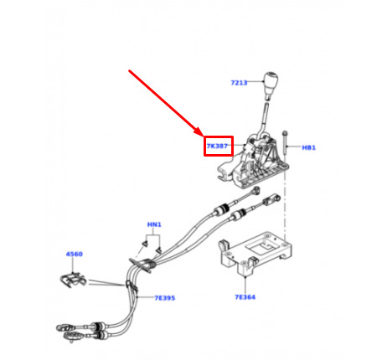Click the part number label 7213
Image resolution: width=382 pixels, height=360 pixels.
click(239, 83)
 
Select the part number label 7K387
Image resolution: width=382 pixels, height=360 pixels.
click(217, 146)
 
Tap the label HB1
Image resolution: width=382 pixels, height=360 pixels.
click(308, 147)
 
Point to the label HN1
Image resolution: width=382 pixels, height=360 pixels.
click(154, 224)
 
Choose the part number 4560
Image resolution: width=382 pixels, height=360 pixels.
click(74, 254)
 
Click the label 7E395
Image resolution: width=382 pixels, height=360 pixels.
click(165, 298)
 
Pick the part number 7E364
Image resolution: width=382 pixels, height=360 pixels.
click(245, 297)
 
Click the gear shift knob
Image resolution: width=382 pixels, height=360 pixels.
click(271, 85)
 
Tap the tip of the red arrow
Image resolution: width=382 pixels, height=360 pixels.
click(204, 136)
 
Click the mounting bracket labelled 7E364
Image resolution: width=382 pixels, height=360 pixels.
click(255, 253)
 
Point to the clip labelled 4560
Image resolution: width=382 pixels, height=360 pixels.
click(73, 280)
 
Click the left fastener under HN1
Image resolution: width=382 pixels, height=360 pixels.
click(145, 244)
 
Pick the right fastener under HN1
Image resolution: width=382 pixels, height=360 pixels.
click(159, 250)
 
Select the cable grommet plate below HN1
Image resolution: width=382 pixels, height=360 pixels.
click(142, 265)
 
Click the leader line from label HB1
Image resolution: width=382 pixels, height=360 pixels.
click(294, 147)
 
